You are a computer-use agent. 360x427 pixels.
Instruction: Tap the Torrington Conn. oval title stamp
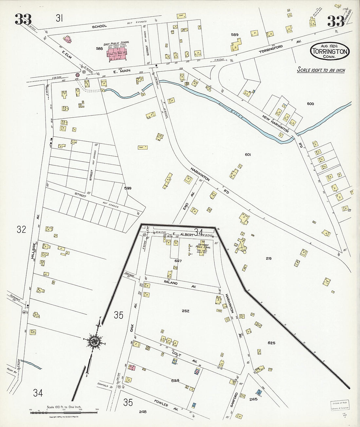[x=330, y=51]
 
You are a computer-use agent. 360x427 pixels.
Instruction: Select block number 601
[x=247, y=154]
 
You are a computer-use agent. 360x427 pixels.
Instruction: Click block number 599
[x=128, y=188]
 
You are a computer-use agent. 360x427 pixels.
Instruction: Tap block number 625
[x=271, y=343]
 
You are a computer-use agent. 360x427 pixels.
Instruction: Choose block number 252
[x=185, y=311]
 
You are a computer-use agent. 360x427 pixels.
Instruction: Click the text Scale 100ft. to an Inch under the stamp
[x=321, y=70]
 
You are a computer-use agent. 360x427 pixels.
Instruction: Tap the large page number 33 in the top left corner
[x=23, y=20]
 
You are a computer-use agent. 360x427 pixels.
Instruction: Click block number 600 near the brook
[x=310, y=104]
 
